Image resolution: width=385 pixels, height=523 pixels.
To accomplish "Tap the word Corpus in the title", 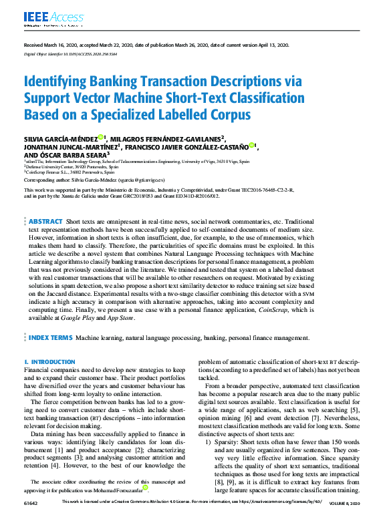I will [226, 114].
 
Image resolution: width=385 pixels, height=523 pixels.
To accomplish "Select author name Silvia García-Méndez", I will [59, 138].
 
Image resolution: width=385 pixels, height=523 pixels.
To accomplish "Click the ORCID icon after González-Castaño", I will [252, 145].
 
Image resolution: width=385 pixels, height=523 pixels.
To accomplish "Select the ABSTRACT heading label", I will [45, 221].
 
